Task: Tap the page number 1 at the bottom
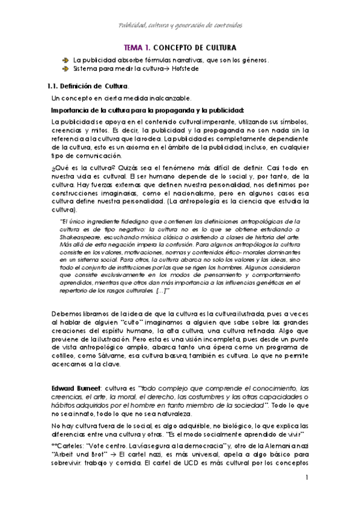pyautogui.click(x=307, y=478)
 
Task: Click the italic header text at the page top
pyautogui.click(x=180, y=26)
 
